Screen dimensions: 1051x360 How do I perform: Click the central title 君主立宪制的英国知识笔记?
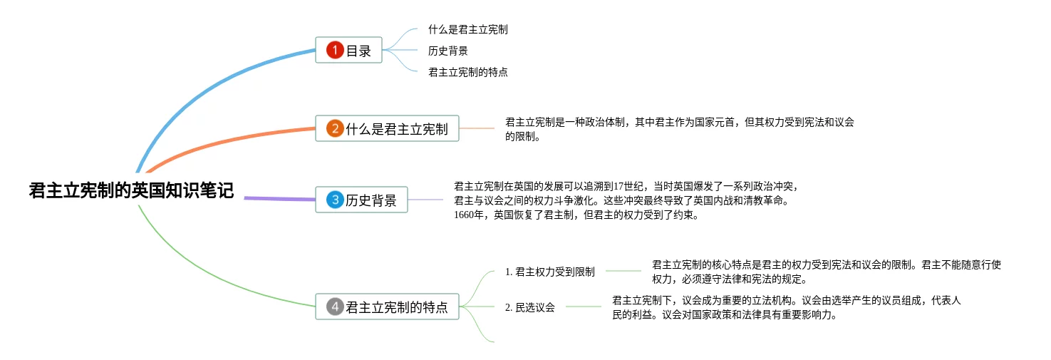[x=131, y=191]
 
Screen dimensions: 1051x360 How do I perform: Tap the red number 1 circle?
[x=335, y=50]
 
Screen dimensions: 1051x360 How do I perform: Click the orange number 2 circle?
[x=335, y=129]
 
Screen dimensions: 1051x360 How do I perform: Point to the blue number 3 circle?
[x=335, y=200]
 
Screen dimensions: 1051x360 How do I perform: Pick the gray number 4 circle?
[x=335, y=307]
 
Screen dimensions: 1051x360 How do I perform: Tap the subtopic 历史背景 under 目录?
[x=447, y=51]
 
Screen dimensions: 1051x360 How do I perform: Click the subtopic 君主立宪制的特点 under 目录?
[x=467, y=72]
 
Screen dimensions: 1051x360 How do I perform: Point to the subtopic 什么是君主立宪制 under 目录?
[x=467, y=30]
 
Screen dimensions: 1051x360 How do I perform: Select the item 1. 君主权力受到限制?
[x=549, y=272]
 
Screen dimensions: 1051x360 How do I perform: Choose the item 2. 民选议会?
[x=529, y=307]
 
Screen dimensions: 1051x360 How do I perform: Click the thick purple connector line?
[x=279, y=198]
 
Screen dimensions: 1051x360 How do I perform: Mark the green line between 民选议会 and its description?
[x=583, y=307]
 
